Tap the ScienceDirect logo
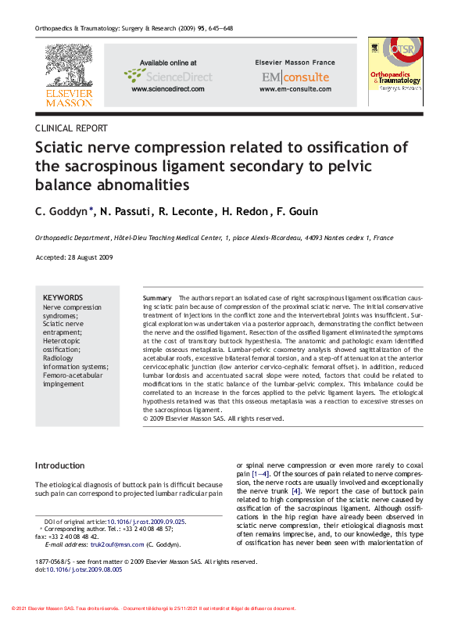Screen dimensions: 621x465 tap(167, 76)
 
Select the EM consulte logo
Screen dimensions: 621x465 tap(295, 77)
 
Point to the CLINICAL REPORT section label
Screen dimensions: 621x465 tap(72, 127)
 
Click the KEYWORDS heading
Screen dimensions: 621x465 tap(63, 298)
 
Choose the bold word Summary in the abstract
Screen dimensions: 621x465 tap(157, 299)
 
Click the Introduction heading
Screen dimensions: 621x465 tap(60, 465)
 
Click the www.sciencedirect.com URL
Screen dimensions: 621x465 tap(168, 89)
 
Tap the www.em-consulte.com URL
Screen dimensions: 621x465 tap(295, 89)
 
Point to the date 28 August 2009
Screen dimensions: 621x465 tap(92, 257)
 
